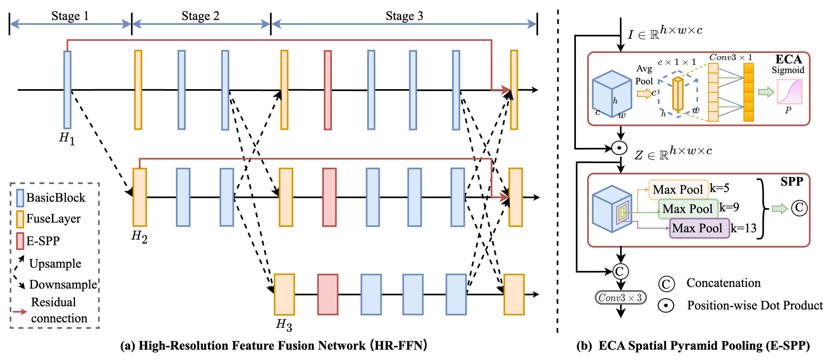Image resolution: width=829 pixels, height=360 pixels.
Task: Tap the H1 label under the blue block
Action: pyautogui.click(x=67, y=139)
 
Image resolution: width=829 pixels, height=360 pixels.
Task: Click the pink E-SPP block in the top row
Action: pyautogui.click(x=328, y=90)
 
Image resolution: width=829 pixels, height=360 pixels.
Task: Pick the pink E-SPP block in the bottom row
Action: pyautogui.click(x=328, y=294)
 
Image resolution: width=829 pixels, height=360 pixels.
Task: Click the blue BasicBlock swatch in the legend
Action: pyautogui.click(x=20, y=198)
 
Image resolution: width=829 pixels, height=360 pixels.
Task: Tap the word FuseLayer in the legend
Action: pyautogui.click(x=53, y=219)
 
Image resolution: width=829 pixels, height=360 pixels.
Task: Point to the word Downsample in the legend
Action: pyautogui.click(x=63, y=284)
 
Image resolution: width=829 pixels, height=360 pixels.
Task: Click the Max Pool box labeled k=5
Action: pyautogui.click(x=678, y=189)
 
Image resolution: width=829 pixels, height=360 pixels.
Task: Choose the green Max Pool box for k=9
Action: pyautogui.click(x=688, y=209)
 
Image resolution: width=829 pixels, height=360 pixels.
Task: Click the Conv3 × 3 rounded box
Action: pyautogui.click(x=620, y=297)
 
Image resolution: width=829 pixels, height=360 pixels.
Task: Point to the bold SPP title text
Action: pyautogui.click(x=792, y=182)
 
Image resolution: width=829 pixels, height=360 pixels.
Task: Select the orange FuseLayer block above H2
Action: pyautogui.click(x=140, y=197)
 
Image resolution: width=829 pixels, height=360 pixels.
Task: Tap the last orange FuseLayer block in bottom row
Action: pyautogui.click(x=514, y=294)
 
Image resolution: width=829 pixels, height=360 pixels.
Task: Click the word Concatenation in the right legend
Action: pyautogui.click(x=723, y=283)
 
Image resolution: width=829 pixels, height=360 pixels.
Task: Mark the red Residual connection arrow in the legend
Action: pyautogui.click(x=20, y=311)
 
